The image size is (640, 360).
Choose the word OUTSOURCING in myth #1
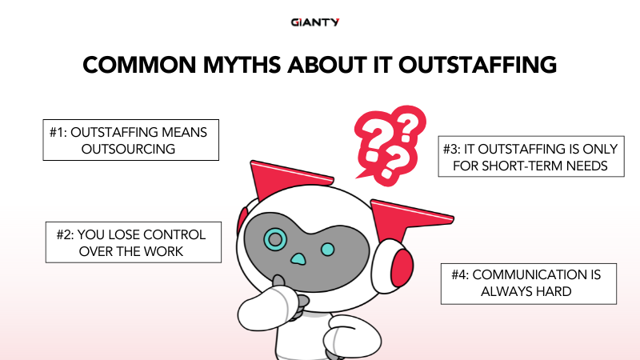[130, 149]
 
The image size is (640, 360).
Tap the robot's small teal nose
[298, 259]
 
